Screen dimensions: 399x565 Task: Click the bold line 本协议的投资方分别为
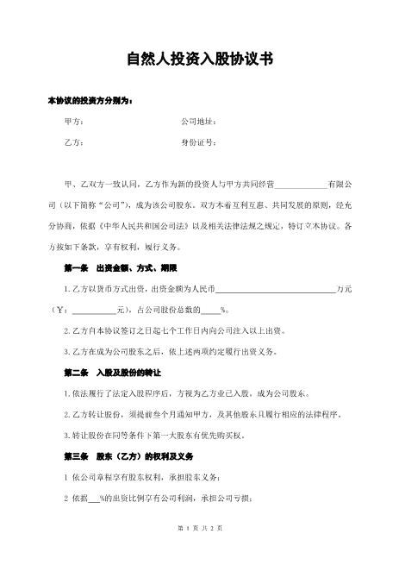pyautogui.click(x=90, y=102)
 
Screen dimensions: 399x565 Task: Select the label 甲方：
pyautogui.click(x=74, y=122)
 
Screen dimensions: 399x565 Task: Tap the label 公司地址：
pyautogui.click(x=197, y=122)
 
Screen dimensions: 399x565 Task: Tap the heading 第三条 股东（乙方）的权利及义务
pyautogui.click(x=119, y=455)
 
